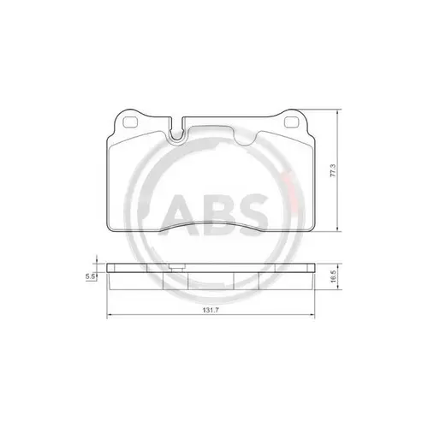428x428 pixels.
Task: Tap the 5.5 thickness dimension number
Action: click(90, 276)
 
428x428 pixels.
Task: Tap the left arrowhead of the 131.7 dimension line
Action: click(106, 318)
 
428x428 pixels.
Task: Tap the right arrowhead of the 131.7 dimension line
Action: click(322, 318)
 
